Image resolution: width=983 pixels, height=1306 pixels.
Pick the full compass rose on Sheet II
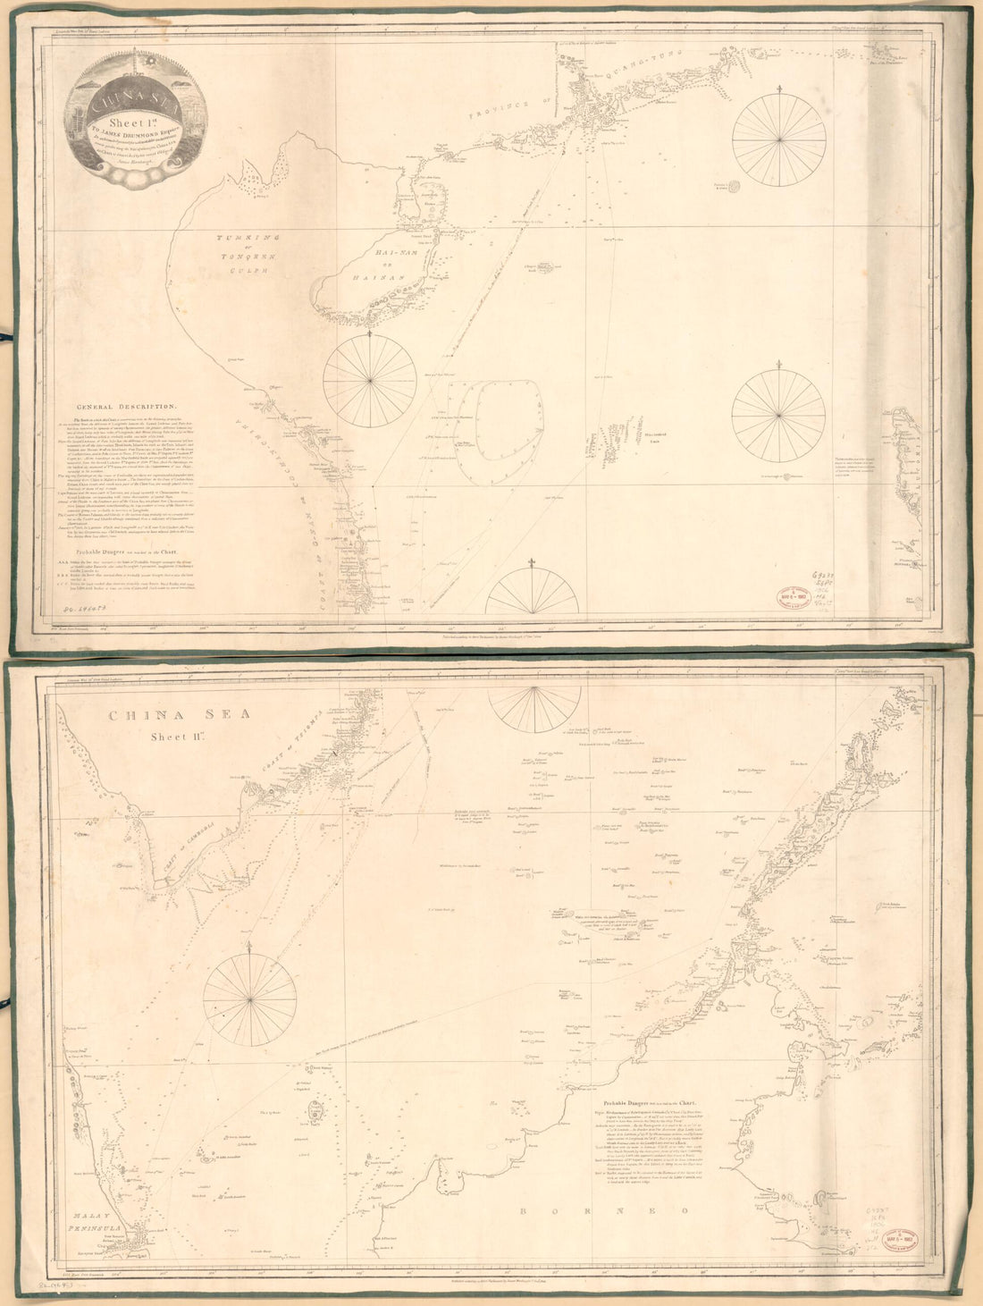coord(250,997)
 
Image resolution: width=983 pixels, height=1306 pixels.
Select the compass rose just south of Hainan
coord(370,380)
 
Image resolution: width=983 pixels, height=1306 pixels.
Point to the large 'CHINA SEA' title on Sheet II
coord(179,715)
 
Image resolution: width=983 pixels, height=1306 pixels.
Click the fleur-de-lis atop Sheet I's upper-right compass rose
coord(779,89)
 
